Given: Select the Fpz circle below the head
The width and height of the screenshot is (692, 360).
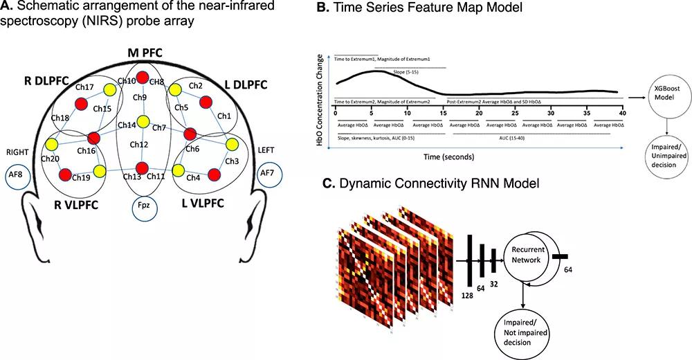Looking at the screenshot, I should click(144, 206).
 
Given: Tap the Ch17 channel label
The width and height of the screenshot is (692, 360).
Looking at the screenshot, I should click(85, 89).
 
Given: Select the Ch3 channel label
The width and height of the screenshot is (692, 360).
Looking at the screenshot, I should click(231, 161).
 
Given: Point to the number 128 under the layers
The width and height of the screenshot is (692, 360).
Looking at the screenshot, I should click(468, 296).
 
